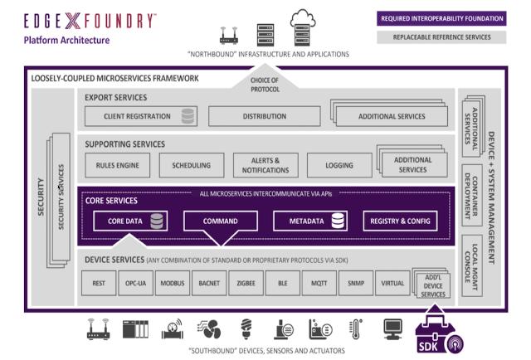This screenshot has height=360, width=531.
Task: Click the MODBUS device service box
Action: click(173, 283)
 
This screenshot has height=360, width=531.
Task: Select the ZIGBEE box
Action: click(246, 283)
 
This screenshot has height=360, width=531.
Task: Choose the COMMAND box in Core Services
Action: click(220, 221)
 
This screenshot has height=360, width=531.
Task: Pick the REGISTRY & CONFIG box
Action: click(400, 221)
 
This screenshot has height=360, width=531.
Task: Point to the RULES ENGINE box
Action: click(117, 165)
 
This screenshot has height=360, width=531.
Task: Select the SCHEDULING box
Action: click(191, 165)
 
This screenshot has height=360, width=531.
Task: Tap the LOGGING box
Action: click(339, 165)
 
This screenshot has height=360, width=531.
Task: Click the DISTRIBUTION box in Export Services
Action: click(264, 116)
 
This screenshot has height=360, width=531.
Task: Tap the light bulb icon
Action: click(246, 329)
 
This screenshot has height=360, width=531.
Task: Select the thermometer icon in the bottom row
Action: click(356, 329)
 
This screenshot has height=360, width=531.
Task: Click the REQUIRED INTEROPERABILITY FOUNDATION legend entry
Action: click(441, 18)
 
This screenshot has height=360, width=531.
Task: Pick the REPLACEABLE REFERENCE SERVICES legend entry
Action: click(441, 37)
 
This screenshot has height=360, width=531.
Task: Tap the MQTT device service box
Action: click(319, 283)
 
